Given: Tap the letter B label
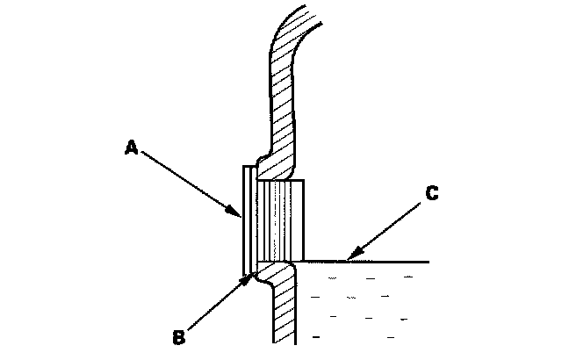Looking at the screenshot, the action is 177,335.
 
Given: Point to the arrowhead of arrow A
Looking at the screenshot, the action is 239,216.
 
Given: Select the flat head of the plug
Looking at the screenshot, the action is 245,216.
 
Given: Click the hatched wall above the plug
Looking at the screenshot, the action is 282,114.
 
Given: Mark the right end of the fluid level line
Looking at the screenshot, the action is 428,262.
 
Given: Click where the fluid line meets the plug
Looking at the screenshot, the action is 304,261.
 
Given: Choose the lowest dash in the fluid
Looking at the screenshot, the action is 315,335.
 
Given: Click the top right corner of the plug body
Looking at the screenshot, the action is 303,180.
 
